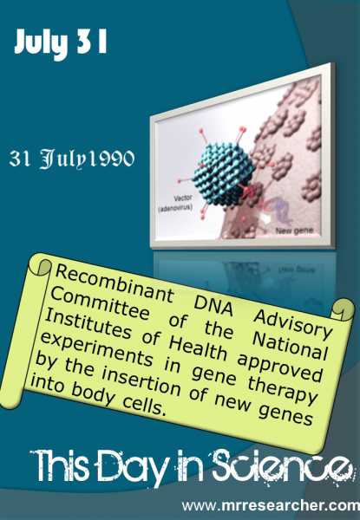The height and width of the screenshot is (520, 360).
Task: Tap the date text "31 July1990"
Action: pos(72,161)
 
